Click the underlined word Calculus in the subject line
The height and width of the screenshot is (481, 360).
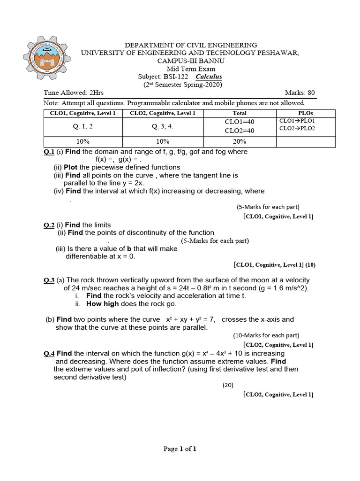(209, 77)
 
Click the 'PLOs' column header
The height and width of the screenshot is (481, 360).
(306, 113)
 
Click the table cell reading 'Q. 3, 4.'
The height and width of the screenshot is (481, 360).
(162, 126)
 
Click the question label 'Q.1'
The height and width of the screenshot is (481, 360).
(49, 152)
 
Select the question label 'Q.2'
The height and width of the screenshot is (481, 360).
(49, 225)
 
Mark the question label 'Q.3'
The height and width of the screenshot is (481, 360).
(49, 280)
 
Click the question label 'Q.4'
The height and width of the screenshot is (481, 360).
(49, 353)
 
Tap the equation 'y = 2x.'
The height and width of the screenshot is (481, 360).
(131, 183)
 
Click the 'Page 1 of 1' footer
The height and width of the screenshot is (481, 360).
(180, 449)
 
